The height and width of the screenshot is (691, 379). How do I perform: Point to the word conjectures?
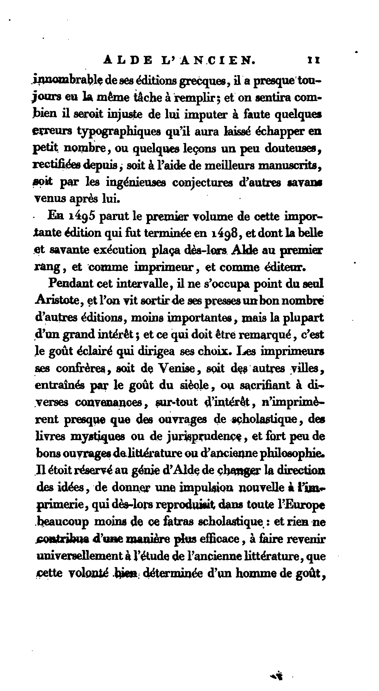click(x=202, y=183)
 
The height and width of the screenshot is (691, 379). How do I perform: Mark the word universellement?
click(x=79, y=556)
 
